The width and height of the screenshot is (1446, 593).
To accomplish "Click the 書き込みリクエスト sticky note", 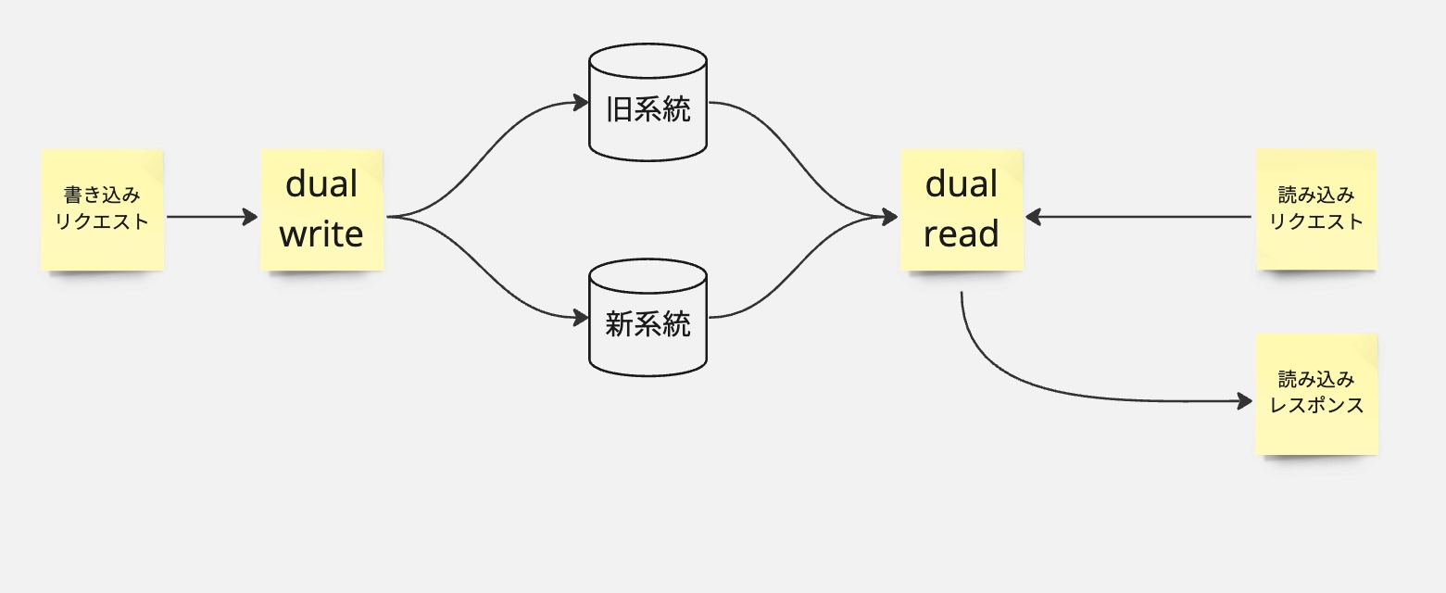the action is pos(103,210).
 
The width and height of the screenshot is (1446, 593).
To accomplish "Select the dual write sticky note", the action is pos(322,210).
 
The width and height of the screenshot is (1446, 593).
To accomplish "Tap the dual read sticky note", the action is pos(962,210).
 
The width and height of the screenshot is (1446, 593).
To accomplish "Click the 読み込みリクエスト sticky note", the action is pos(1317,210).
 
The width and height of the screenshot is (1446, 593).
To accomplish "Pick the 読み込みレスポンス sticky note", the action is pos(1317,394).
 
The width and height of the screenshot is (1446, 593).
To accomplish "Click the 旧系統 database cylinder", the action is pos(648,102).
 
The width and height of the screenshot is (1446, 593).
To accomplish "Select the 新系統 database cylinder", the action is pos(648,317).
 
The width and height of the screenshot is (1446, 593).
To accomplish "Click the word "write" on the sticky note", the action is pos(321,233).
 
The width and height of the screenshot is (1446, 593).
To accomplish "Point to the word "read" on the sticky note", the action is pos(962,233).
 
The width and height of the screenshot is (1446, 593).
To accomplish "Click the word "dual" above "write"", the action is pos(321,184).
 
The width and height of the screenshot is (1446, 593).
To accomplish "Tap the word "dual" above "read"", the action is pos(962,184).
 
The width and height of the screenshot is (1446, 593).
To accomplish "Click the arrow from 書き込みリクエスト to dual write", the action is pos(212,217).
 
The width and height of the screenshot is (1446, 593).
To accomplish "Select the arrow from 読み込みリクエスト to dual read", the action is pos(1138,217).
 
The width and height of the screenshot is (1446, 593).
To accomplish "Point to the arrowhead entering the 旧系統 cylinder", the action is pos(581,102).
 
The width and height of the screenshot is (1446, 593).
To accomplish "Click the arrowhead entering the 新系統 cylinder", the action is pos(581,317).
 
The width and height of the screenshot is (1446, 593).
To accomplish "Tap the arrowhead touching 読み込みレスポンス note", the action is pos(1245,401).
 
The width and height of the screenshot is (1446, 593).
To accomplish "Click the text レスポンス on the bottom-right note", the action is pos(1316,406).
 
